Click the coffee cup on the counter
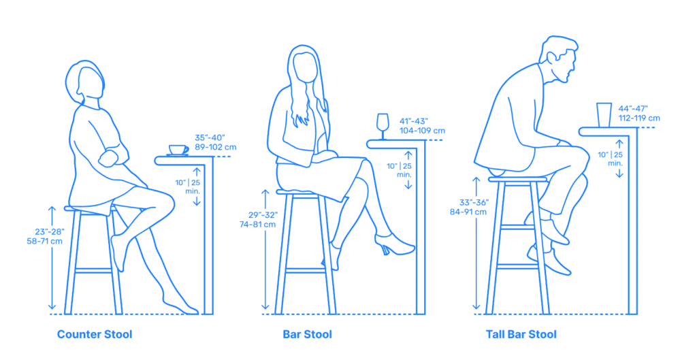[178, 150]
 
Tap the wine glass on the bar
[383, 126]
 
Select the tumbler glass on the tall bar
[604, 115]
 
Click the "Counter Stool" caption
[95, 334]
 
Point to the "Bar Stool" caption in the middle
[307, 334]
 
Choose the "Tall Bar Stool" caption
[521, 334]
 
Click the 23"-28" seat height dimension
[50, 231]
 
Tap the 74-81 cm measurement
[257, 225]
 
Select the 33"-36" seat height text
[474, 203]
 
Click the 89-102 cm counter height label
[216, 147]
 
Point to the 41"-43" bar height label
[413, 121]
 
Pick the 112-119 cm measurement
[639, 118]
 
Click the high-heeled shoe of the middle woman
[394, 244]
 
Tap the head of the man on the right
[561, 59]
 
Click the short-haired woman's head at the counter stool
[85, 82]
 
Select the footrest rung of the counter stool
[93, 270]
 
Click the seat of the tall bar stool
[517, 179]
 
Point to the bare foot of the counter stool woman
[180, 306]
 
